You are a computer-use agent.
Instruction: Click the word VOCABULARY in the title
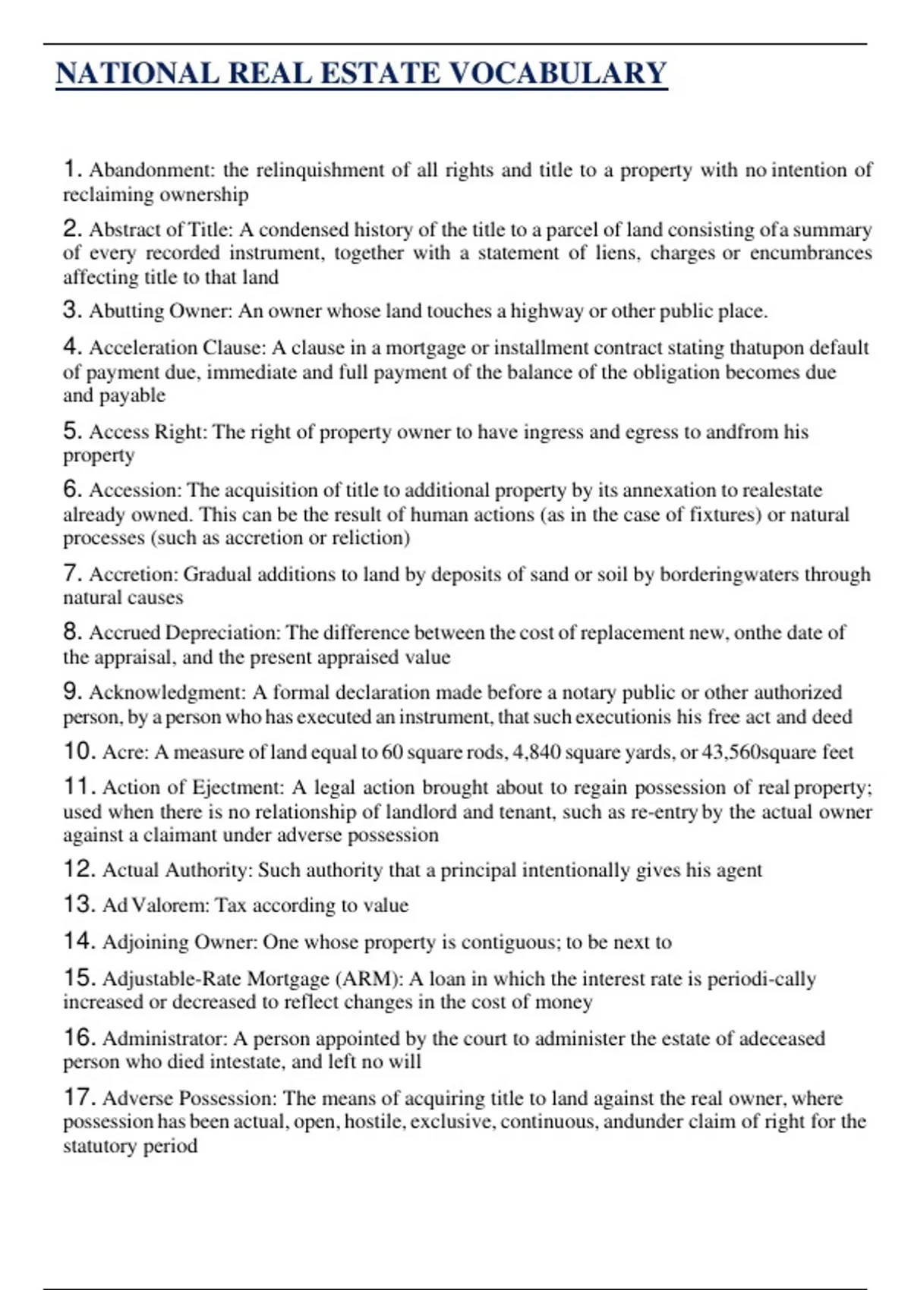(x=559, y=74)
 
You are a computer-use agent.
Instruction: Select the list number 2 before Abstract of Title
(x=71, y=228)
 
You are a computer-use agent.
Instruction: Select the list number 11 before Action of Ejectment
(x=78, y=787)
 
